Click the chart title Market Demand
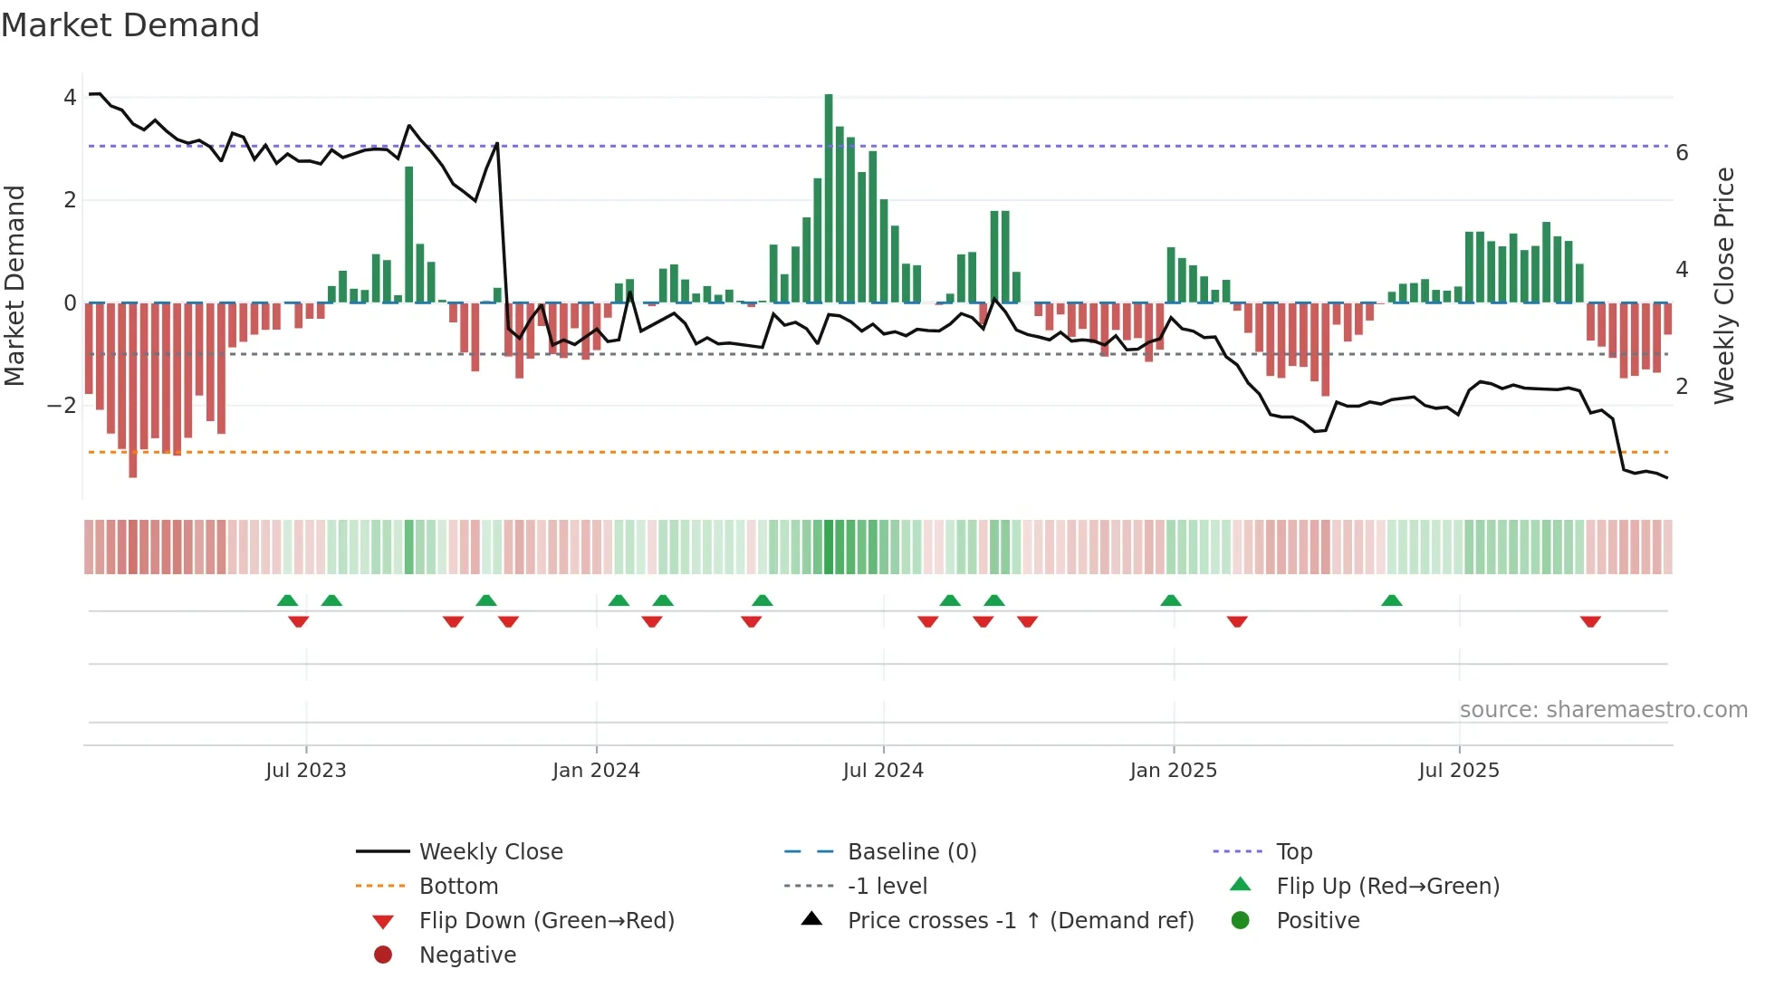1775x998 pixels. click(x=130, y=25)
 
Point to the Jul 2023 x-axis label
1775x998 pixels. click(x=306, y=771)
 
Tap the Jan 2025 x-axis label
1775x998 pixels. click(x=1174, y=771)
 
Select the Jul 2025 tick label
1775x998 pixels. click(x=1459, y=771)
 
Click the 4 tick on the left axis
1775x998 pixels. click(x=70, y=97)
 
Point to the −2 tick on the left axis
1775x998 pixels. click(x=62, y=406)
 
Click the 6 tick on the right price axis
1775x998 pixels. click(x=1682, y=153)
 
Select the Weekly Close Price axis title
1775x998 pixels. click(x=1724, y=285)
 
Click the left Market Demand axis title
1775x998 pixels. click(x=14, y=285)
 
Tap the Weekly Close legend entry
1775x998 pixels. click(x=490, y=852)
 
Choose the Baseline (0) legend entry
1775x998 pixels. click(x=911, y=852)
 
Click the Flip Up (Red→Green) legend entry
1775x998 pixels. click(x=1387, y=887)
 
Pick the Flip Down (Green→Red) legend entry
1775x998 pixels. click(x=546, y=921)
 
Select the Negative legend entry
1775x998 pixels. click(x=467, y=955)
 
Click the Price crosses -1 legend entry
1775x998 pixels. click(x=1020, y=921)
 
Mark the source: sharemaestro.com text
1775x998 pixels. click(x=1603, y=710)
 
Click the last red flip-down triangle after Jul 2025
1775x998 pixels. click(x=1590, y=621)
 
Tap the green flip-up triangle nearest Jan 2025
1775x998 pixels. click(x=1171, y=600)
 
